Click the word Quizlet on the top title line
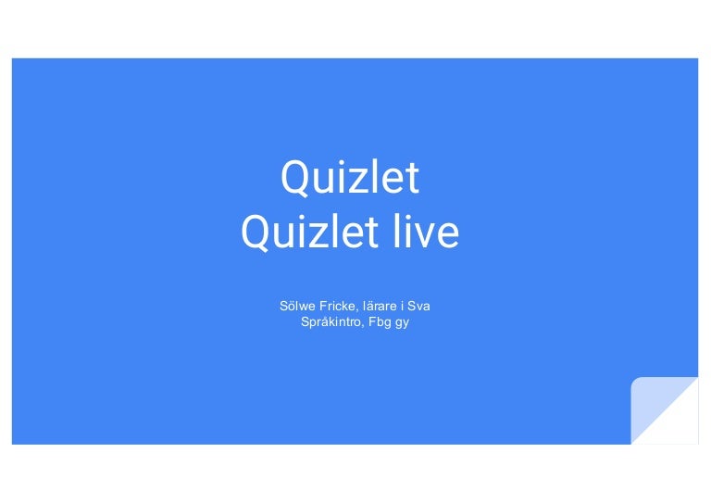(x=350, y=178)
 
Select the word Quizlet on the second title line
(x=304, y=233)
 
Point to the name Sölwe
(x=295, y=305)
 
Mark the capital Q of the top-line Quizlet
(x=295, y=178)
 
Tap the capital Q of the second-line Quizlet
(x=256, y=233)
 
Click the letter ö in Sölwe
(x=292, y=305)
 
